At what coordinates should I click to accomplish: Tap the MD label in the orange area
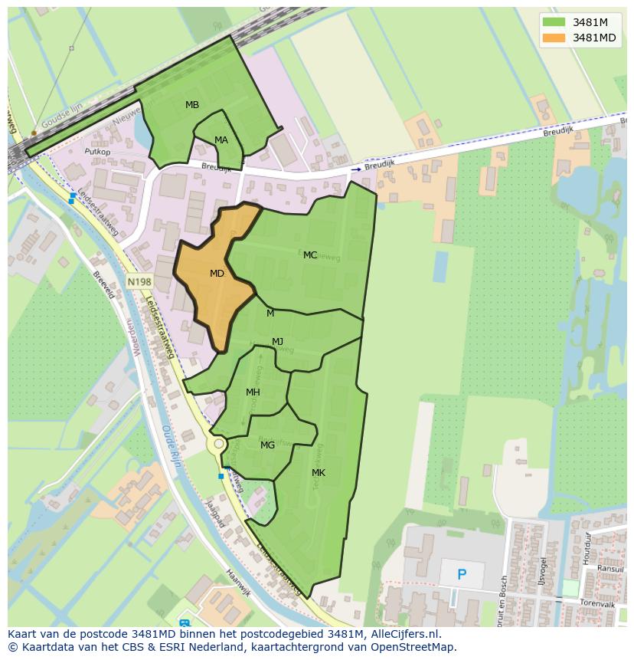[x=217, y=273]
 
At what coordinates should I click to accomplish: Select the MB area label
[x=192, y=104]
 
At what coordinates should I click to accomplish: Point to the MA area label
[x=221, y=140]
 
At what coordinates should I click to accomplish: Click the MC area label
[x=310, y=255]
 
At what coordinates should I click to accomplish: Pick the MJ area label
[x=277, y=341]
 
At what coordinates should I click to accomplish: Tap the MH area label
[x=253, y=392]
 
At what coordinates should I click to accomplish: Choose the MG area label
[x=267, y=445]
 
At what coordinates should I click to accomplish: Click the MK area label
[x=319, y=473]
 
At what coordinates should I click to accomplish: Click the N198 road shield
[x=139, y=282]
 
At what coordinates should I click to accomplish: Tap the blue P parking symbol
[x=462, y=574]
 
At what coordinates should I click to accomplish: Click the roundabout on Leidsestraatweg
[x=219, y=444]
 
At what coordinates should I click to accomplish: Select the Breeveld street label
[x=103, y=284]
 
